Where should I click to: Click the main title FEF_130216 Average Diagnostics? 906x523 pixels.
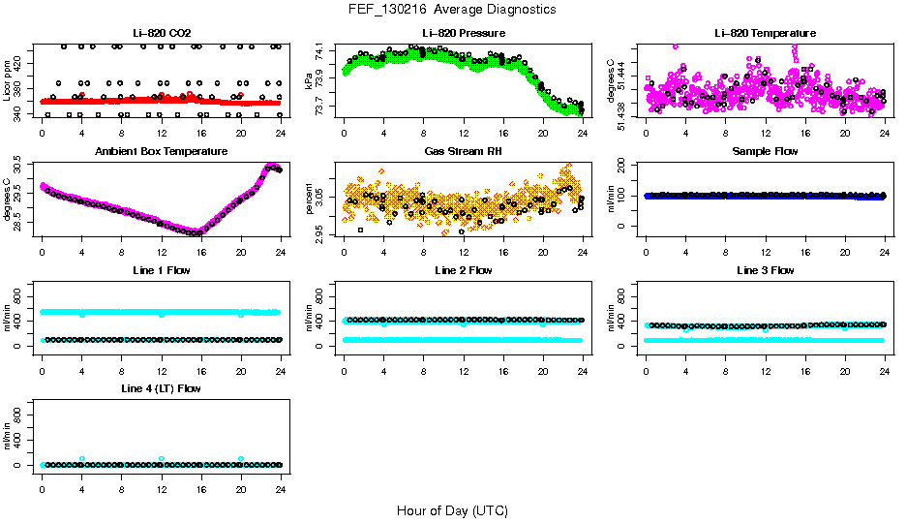[453, 9]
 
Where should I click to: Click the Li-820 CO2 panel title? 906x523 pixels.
[162, 34]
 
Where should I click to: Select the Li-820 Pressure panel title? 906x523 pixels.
[464, 34]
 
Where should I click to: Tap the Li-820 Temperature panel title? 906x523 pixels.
[765, 34]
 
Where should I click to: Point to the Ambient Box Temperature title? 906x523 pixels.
[162, 152]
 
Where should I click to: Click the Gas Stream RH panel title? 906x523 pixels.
[464, 152]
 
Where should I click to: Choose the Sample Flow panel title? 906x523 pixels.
[765, 152]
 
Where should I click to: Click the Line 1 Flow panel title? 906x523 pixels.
[162, 270]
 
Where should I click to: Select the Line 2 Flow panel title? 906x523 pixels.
[464, 270]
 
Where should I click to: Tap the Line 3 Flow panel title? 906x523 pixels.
[765, 270]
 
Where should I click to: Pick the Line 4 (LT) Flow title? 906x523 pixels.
[162, 388]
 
